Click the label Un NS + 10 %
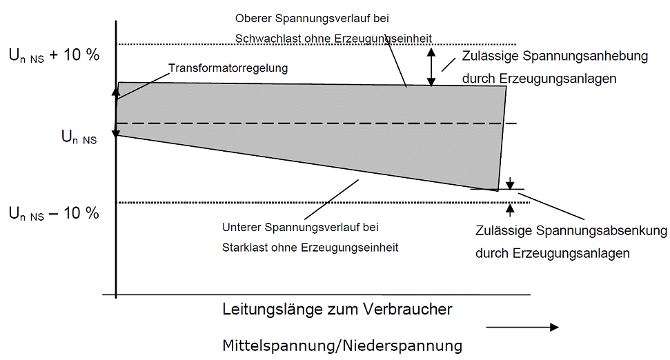54,56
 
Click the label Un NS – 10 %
54,213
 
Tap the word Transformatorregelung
228,68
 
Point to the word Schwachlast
264,39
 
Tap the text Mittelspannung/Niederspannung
342,345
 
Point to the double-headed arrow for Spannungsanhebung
432,66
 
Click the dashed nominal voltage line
311,123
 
